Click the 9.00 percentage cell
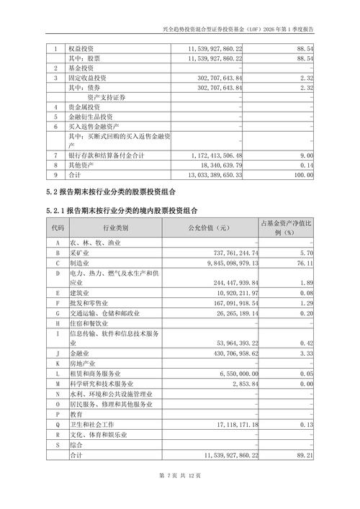pyautogui.click(x=307, y=155)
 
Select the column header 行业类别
pyautogui.click(x=115, y=228)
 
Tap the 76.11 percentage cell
pyautogui.click(x=305, y=264)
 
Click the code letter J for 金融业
pyautogui.click(x=57, y=354)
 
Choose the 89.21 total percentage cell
pyautogui.click(x=305, y=455)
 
